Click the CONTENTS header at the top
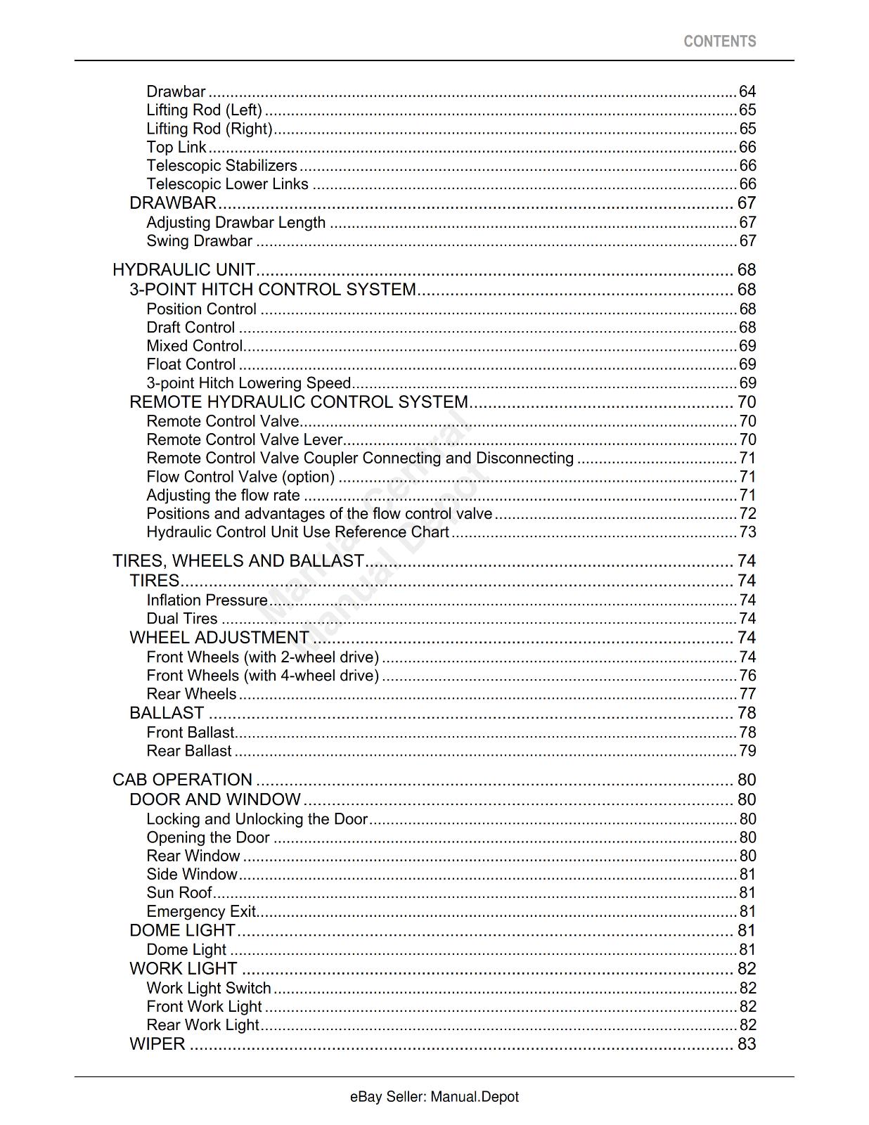click(719, 41)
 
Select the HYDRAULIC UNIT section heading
click(184, 270)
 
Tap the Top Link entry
click(176, 147)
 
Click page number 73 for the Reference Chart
click(747, 532)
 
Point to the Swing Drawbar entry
click(199, 241)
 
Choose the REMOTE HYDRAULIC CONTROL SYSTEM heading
click(299, 402)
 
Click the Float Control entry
click(191, 364)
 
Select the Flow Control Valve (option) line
click(240, 477)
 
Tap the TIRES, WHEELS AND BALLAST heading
click(238, 561)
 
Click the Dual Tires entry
click(182, 619)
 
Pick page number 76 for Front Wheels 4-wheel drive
click(747, 676)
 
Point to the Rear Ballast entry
click(188, 751)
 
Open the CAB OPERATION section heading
click(182, 780)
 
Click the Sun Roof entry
click(179, 893)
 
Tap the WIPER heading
click(157, 1044)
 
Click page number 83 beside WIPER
click(747, 1044)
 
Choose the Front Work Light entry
click(204, 1007)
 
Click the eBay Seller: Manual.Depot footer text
click(434, 1097)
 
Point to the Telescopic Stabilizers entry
click(221, 166)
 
